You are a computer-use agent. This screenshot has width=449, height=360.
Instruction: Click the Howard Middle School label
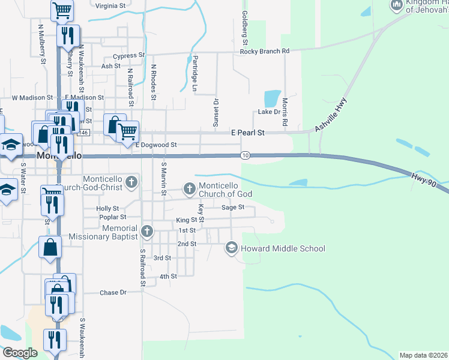tap(283, 248)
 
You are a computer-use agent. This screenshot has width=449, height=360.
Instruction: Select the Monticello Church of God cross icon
tap(190, 190)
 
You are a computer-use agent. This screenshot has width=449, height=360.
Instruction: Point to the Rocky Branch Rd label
tap(265, 52)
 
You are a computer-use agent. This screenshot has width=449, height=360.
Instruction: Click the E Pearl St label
tap(248, 133)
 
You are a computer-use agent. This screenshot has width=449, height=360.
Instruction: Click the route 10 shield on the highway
tap(246, 155)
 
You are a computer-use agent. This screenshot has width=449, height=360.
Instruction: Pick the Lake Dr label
tap(269, 112)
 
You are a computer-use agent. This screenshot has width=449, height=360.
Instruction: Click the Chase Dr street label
tap(113, 293)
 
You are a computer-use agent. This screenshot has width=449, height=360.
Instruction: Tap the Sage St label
tap(233, 207)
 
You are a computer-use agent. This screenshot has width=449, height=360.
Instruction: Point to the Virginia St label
tap(110, 5)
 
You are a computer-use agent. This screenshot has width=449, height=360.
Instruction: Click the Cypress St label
tap(129, 56)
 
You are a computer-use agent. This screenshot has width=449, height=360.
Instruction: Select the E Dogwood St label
tap(156, 145)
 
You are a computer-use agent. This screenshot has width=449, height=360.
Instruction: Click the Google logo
tap(20, 352)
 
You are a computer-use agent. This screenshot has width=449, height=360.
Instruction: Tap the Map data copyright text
tap(423, 355)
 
